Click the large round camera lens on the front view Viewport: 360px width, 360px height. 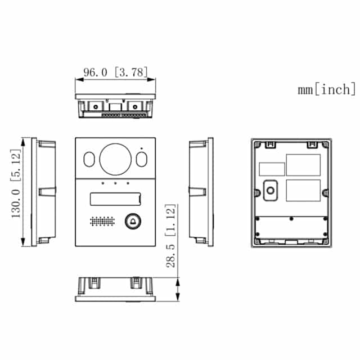pos(115,159)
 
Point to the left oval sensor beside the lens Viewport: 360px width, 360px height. pos(89,160)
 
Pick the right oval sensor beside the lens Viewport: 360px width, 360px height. pos(141,160)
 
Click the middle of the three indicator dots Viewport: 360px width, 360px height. pos(115,183)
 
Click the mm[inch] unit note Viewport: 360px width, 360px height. pos(327,89)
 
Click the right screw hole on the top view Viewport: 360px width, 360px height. pos(135,106)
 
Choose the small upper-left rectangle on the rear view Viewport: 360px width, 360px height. pos(272,169)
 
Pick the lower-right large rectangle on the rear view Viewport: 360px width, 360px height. pos(303,190)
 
